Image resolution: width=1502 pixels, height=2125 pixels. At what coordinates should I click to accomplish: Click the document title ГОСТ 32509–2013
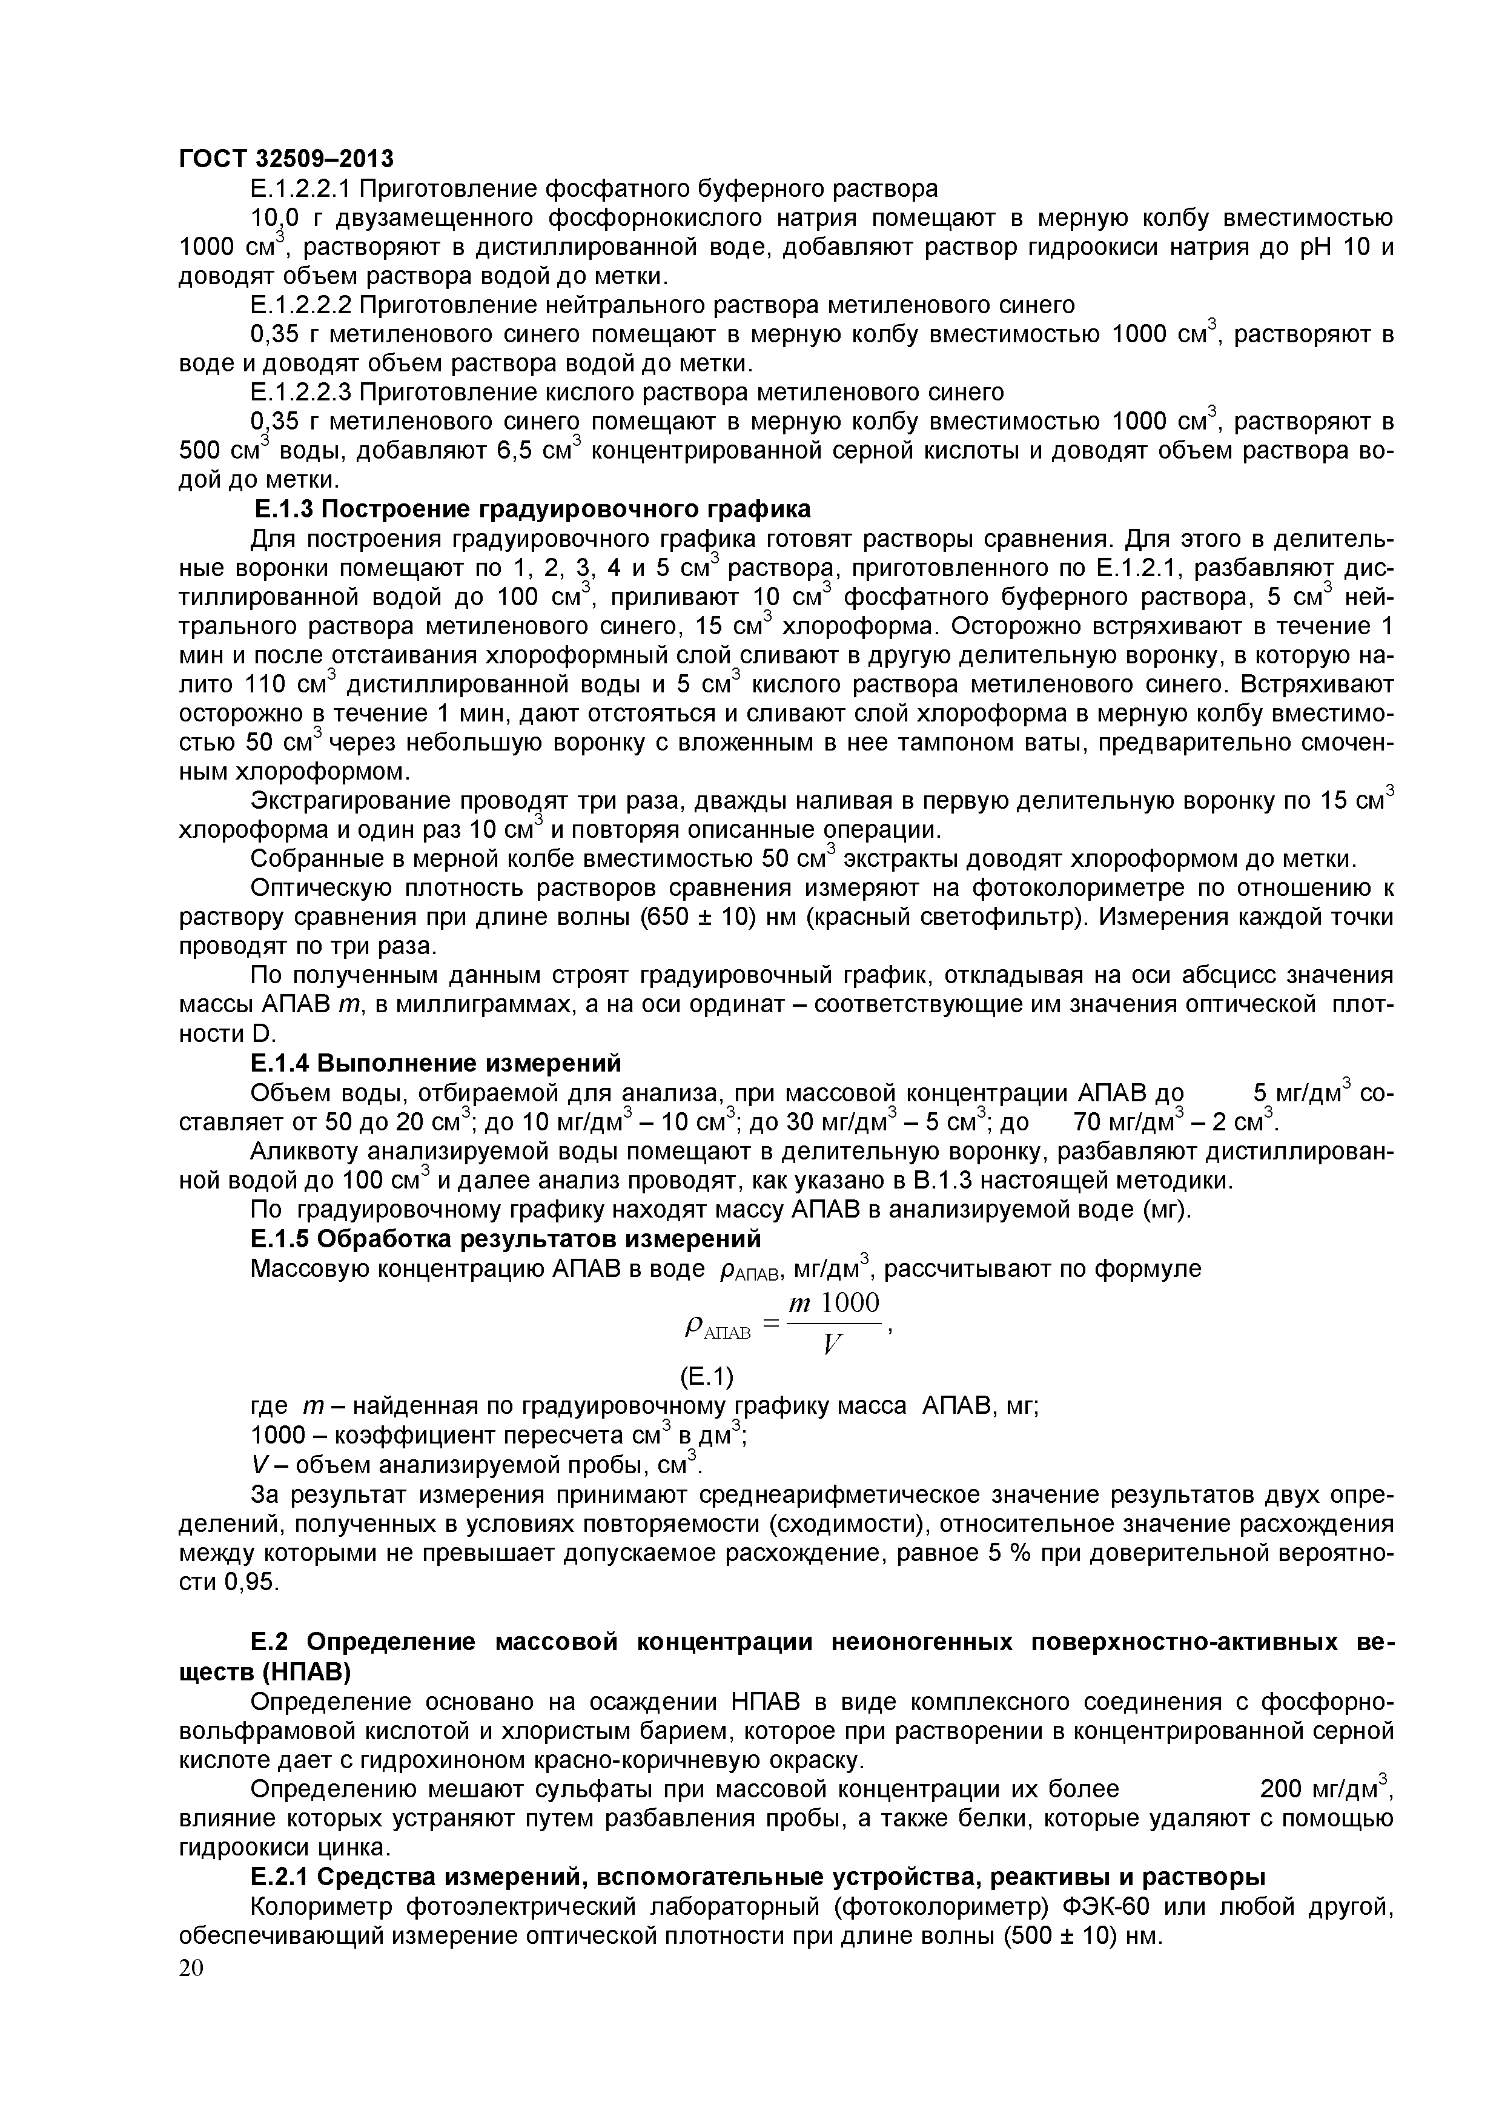tap(285, 159)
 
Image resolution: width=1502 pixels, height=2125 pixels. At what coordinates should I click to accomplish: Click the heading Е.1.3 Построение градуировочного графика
tap(532, 509)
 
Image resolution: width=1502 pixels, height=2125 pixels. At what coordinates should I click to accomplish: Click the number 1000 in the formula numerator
tap(850, 1303)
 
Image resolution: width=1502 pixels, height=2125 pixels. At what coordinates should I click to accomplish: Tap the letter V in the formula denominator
tap(831, 1347)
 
